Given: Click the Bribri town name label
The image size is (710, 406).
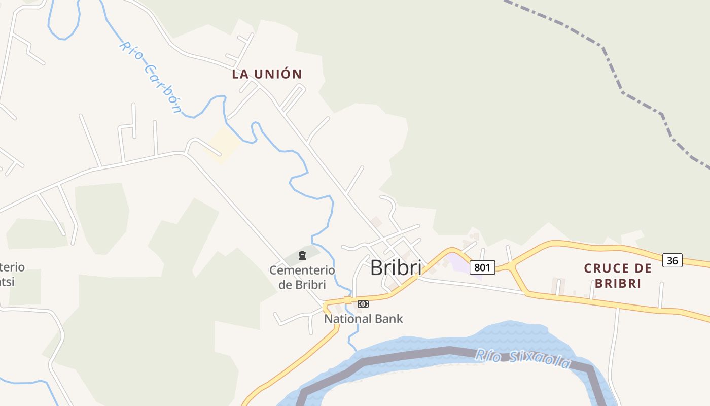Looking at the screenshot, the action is (x=396, y=267).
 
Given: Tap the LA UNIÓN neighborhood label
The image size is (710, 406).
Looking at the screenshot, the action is (x=267, y=74).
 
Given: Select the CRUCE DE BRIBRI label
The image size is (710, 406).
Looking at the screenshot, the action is (x=618, y=275).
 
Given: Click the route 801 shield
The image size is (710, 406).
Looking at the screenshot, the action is (x=482, y=267).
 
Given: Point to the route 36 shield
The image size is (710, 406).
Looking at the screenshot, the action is (x=672, y=260).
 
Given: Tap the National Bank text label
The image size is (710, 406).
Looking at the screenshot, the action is (x=363, y=319).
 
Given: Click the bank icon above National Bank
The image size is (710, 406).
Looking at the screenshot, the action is (x=363, y=304).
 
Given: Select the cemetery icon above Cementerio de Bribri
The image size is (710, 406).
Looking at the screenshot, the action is (x=302, y=255).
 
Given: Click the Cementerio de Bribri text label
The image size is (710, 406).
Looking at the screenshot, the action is (x=302, y=277).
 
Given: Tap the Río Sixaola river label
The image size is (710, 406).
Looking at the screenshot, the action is (x=522, y=358).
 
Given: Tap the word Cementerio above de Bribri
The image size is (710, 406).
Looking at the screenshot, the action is (x=302, y=270).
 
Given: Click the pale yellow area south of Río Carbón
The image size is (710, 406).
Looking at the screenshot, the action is (x=222, y=145).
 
